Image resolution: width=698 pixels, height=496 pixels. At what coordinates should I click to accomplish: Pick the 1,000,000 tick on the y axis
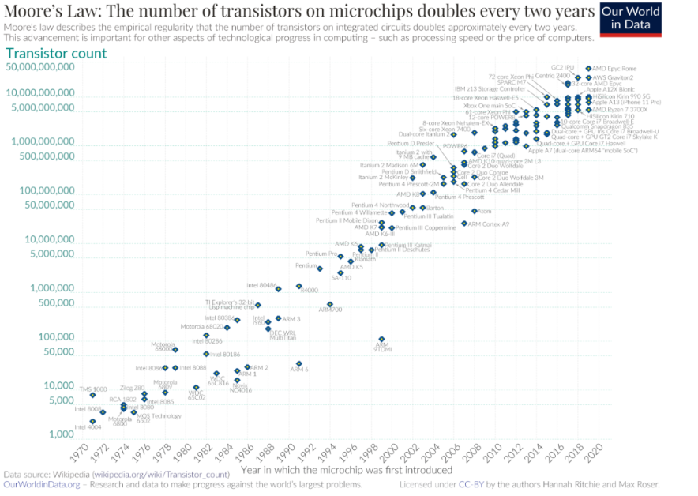coord(47,288)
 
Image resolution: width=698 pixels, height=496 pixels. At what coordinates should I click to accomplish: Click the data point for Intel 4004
coord(92,421)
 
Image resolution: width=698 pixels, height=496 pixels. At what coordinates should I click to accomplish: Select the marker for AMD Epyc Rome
coord(588,70)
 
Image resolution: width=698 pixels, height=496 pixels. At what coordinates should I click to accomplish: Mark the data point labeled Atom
coord(475,211)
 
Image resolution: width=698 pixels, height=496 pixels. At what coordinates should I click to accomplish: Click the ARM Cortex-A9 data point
coord(464,224)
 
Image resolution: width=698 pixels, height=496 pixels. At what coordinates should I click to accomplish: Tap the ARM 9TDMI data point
coord(382,340)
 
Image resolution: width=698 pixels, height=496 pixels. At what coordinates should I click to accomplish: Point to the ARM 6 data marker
coord(299,363)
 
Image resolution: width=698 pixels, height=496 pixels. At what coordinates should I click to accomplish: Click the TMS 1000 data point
coord(92,394)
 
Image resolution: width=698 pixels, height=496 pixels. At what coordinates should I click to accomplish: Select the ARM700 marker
coord(330,304)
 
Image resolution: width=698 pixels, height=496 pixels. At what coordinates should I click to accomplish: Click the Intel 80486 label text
coord(261,284)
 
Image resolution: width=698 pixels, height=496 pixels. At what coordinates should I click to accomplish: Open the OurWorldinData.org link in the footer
coord(41,484)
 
